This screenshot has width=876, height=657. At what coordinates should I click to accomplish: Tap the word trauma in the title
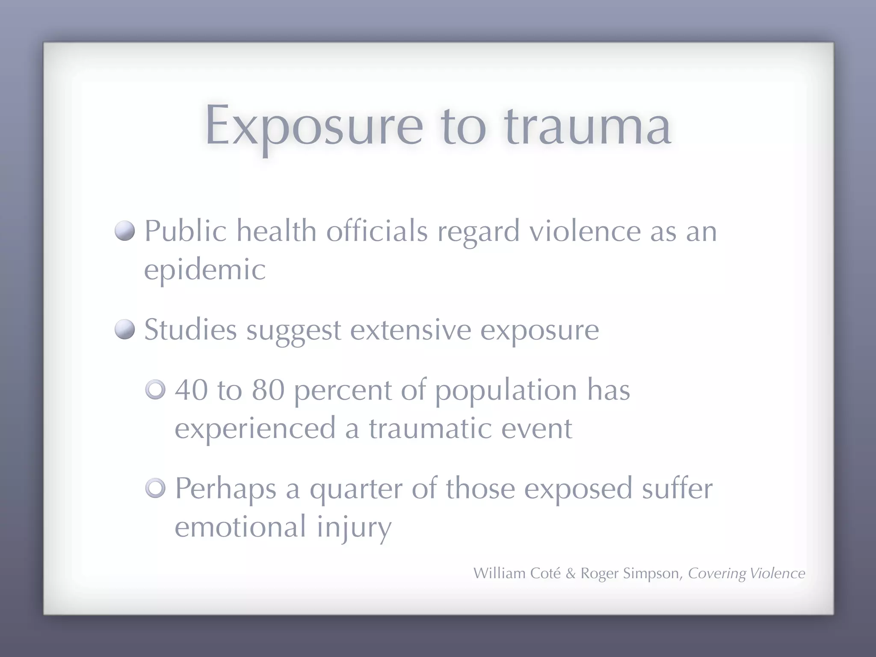pos(587,126)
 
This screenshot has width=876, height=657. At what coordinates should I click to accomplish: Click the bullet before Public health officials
pos(125,231)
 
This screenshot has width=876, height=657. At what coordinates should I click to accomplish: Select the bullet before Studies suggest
pos(125,330)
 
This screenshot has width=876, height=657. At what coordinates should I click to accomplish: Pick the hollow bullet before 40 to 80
pos(155,390)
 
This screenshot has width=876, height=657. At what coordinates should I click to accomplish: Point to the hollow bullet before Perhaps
pos(155,488)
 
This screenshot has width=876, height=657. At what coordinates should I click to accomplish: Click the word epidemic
pos(205,270)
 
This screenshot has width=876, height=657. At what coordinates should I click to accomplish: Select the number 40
pos(191,390)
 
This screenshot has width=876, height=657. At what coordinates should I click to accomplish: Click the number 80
pos(268,390)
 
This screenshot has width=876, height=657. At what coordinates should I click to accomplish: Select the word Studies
pos(190,330)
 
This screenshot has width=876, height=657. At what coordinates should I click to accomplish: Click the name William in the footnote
pos(499,573)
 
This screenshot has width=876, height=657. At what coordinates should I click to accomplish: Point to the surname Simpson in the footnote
pos(651,574)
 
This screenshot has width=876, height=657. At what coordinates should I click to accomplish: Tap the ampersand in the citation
pos(571,574)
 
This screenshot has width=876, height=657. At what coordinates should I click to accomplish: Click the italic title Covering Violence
pos(746,574)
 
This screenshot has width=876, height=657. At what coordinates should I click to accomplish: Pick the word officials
pos(377,231)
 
